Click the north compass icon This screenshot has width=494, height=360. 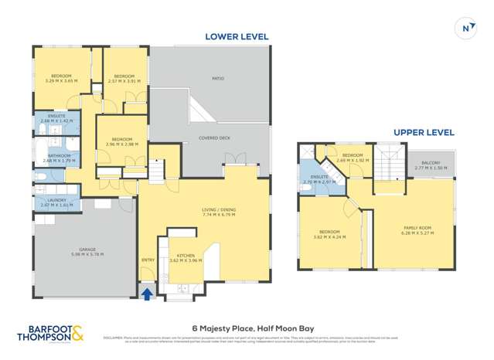pos(466,29)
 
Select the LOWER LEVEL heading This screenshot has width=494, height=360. pos(237,36)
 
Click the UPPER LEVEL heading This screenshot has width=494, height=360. pos(424,132)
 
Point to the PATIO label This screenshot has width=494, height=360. pos(218,78)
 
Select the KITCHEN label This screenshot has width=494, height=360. pos(185,258)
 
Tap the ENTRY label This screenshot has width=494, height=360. pos(148,260)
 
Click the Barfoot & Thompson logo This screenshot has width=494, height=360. pos(50,334)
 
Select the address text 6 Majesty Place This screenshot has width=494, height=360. pos(247,328)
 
